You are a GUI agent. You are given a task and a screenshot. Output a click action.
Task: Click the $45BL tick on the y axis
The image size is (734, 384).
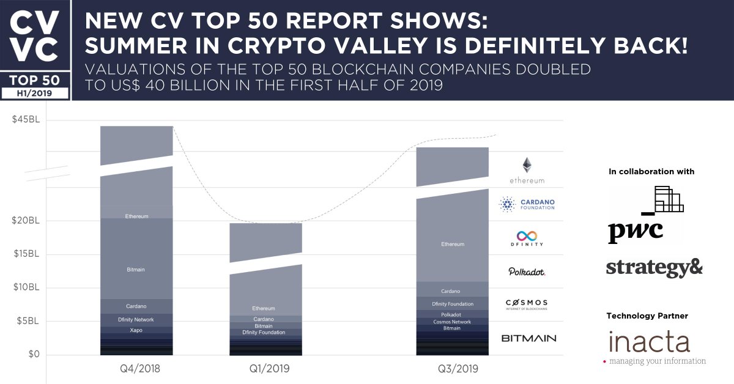tap(26, 120)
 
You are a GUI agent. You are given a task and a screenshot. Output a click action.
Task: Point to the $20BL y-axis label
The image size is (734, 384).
tap(26, 221)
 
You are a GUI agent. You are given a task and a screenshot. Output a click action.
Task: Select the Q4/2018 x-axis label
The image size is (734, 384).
tap(136, 369)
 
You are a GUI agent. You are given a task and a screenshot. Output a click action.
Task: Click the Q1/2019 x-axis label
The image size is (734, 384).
tap(265, 369)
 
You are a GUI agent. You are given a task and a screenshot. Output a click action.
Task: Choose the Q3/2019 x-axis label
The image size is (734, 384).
tap(452, 369)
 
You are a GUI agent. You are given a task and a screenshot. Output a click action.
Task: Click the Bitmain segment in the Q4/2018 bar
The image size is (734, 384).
tap(136, 270)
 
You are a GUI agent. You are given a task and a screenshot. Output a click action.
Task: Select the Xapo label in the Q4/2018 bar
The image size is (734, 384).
tap(136, 330)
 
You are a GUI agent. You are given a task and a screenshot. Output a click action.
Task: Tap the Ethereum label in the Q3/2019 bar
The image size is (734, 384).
tap(452, 245)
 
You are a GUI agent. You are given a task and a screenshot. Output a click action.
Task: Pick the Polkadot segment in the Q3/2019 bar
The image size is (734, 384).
tap(452, 315)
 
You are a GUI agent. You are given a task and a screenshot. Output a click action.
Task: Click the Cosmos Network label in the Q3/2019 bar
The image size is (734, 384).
tap(452, 322)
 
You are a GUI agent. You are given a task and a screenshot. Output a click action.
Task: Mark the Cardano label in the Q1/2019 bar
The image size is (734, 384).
tap(264, 319)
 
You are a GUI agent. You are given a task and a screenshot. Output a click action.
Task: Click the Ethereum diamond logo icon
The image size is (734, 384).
tap(526, 165)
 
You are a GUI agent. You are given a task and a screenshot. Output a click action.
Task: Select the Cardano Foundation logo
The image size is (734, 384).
tap(527, 204)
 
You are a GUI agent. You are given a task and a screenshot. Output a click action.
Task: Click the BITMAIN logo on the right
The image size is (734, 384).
tap(528, 338)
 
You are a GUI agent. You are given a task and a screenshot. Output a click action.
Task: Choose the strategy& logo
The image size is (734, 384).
tap(654, 268)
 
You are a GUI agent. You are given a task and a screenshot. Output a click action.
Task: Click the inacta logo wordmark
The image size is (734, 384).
tap(649, 342)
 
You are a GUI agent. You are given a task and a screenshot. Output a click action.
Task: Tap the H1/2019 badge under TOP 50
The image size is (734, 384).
tap(35, 92)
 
